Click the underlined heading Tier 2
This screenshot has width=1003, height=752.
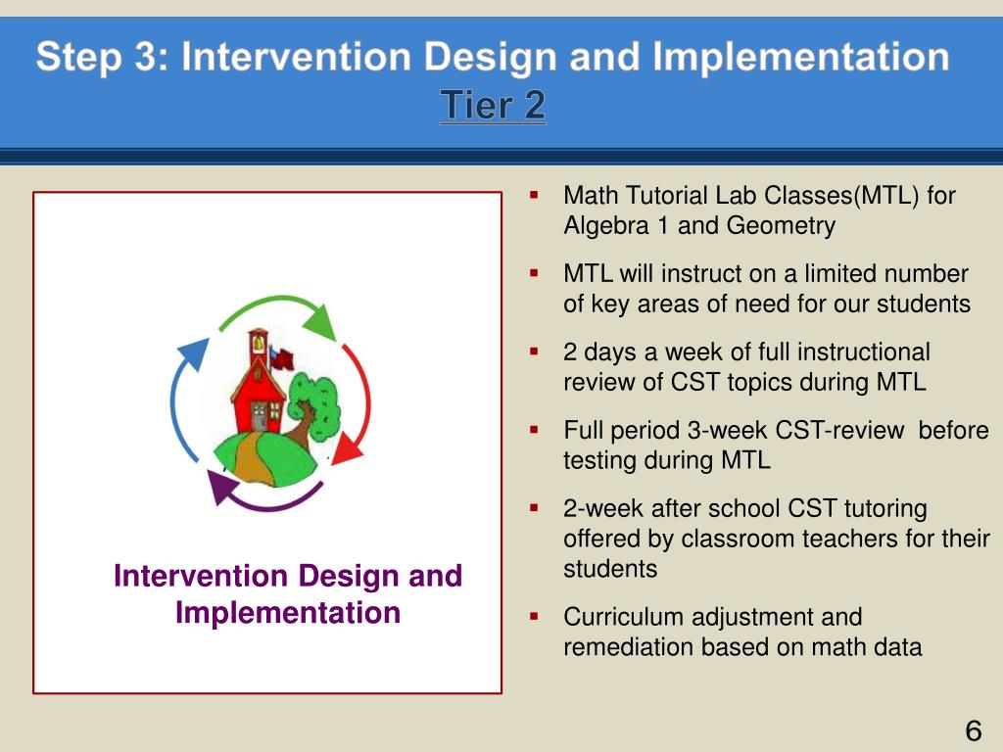coord(493,105)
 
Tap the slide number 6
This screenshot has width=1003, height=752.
coord(973,730)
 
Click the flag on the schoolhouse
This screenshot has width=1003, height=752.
coord(281,358)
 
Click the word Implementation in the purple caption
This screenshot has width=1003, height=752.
coord(288,613)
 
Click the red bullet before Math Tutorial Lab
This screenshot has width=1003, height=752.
coord(534,195)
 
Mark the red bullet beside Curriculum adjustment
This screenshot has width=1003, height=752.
coord(534,617)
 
